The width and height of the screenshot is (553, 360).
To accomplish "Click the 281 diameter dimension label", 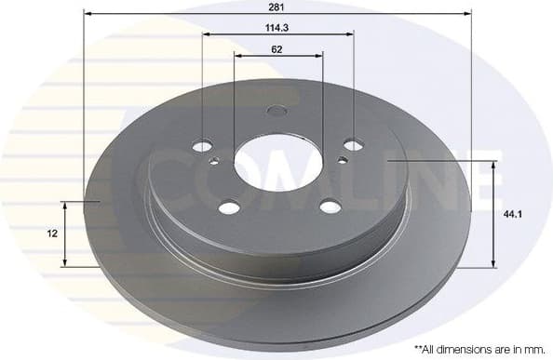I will (x=277, y=6).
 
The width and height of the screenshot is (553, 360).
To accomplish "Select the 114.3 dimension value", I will (x=277, y=27).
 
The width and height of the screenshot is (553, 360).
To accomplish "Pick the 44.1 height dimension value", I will (x=511, y=214).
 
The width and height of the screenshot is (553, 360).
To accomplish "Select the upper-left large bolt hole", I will (x=202, y=145).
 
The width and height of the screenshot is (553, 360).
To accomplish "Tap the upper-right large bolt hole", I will (x=353, y=144).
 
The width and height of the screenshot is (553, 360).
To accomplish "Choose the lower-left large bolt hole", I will (x=228, y=207).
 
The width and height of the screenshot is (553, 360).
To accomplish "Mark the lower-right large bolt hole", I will (x=330, y=207).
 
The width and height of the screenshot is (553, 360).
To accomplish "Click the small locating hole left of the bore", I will (x=215, y=162).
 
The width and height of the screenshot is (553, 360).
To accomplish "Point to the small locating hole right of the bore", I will (x=343, y=160).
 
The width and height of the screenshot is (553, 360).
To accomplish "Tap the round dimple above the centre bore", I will (x=276, y=112).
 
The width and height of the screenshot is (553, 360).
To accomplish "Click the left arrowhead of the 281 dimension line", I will (x=88, y=14).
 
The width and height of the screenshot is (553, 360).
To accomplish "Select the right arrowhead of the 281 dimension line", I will (x=467, y=14).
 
